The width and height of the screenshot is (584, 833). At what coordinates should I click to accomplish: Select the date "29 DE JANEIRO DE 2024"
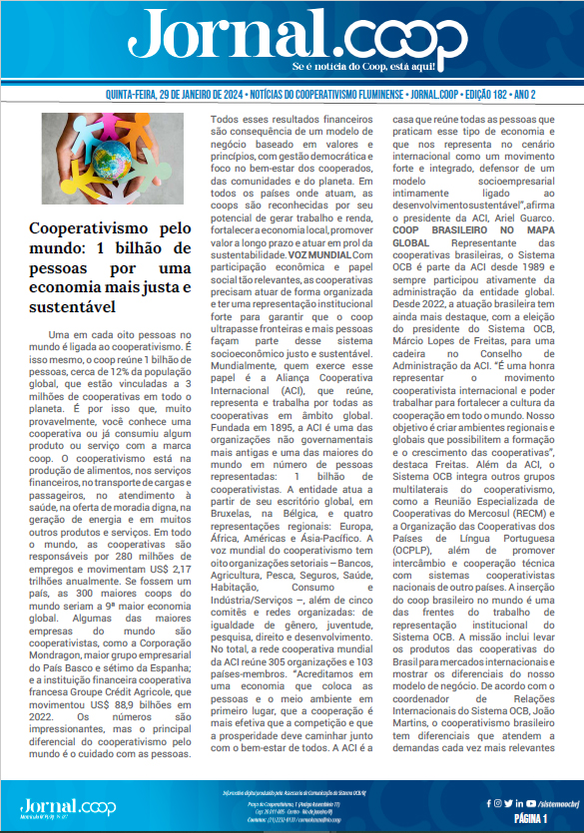pyautogui.click(x=191, y=94)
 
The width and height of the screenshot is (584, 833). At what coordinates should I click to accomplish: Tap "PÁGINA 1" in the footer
pyautogui.click(x=530, y=817)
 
